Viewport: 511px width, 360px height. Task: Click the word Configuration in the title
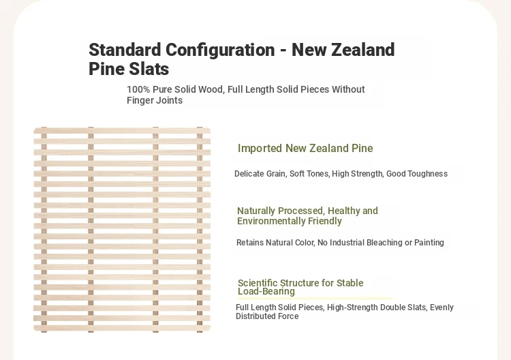[220, 50]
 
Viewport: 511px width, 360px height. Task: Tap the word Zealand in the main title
[362, 50]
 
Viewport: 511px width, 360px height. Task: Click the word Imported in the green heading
[260, 149]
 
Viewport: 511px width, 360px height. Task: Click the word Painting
[429, 243]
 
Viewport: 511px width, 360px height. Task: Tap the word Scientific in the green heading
[257, 283]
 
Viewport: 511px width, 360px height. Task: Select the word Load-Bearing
[266, 291]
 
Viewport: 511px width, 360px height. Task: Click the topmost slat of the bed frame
[122, 130]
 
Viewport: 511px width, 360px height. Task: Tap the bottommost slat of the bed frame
[122, 328]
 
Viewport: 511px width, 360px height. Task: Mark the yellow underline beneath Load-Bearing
[315, 298]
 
